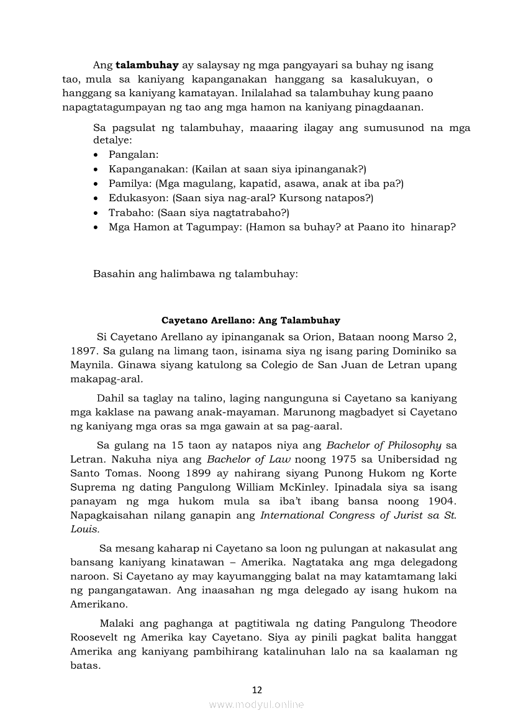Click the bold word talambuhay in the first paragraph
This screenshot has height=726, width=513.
tap(147, 65)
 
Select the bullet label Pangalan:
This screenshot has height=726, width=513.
tap(134, 154)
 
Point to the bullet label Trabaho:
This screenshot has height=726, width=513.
tap(132, 212)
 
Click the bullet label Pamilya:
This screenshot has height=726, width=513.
tap(130, 183)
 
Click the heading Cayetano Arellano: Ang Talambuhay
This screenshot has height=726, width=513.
tap(251, 320)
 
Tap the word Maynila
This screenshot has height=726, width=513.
tap(88, 365)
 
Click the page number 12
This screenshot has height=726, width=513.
tap(257, 689)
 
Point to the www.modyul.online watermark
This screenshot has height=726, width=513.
tap(256, 704)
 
